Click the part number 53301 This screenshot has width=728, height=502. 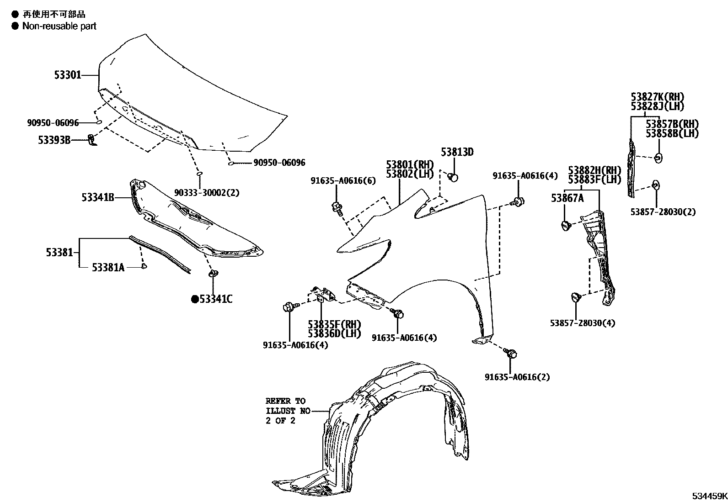(x=68, y=75)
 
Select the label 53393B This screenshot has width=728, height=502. (x=54, y=140)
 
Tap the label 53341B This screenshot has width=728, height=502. (x=98, y=197)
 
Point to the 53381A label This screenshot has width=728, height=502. (x=108, y=267)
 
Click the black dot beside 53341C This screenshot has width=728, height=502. (x=195, y=299)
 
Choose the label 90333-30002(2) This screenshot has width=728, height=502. (x=206, y=193)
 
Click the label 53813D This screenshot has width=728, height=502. (x=457, y=152)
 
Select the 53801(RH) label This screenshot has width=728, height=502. (x=409, y=164)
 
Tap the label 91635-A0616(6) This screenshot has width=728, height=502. (x=343, y=181)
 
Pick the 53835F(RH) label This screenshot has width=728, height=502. (x=334, y=324)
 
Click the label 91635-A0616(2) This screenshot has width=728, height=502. (x=517, y=377)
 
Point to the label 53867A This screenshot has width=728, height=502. (x=567, y=198)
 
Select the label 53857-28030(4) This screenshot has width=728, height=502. (x=582, y=323)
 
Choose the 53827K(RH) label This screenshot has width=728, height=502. (x=657, y=97)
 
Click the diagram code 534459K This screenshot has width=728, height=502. (x=708, y=496)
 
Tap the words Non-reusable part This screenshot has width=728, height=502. (x=59, y=26)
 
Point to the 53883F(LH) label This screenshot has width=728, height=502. (x=594, y=180)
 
